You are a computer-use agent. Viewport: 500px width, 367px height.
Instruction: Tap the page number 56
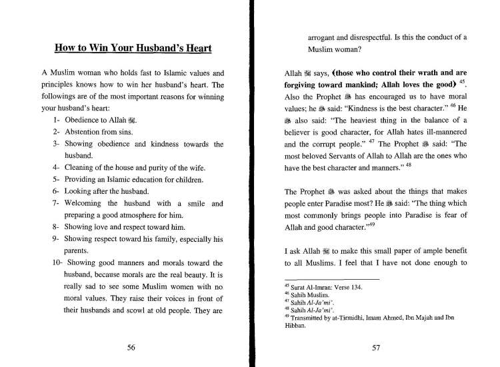tap(132, 346)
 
